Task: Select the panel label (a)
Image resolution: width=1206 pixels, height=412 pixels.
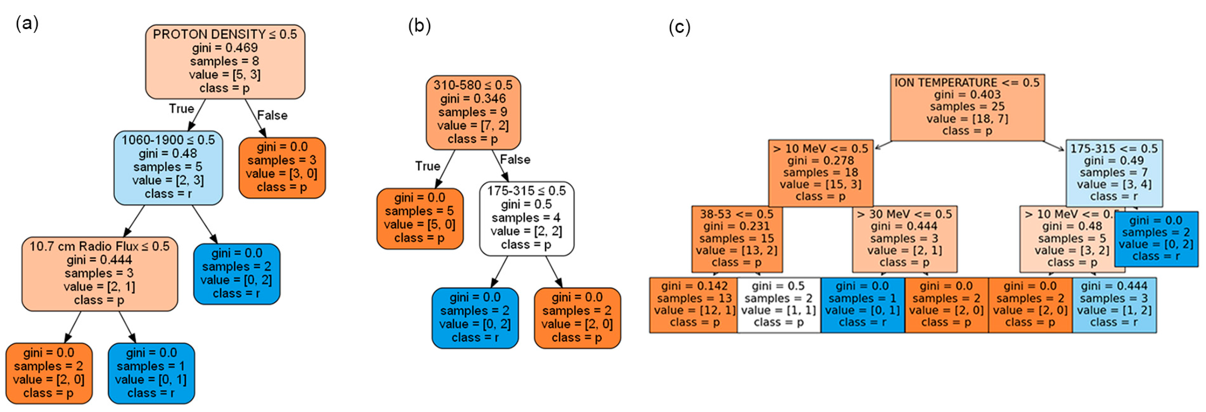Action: pyautogui.click(x=27, y=23)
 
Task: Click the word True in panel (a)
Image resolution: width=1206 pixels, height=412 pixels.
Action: pyautogui.click(x=181, y=109)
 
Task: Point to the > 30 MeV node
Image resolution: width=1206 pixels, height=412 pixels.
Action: pyautogui.click(x=904, y=239)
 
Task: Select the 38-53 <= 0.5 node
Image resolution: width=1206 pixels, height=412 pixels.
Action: pyautogui.click(x=736, y=239)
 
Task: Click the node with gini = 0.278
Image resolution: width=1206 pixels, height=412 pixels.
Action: pyautogui.click(x=820, y=172)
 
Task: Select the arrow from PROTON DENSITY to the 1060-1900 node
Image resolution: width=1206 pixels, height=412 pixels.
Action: pyautogui.click(x=197, y=115)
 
